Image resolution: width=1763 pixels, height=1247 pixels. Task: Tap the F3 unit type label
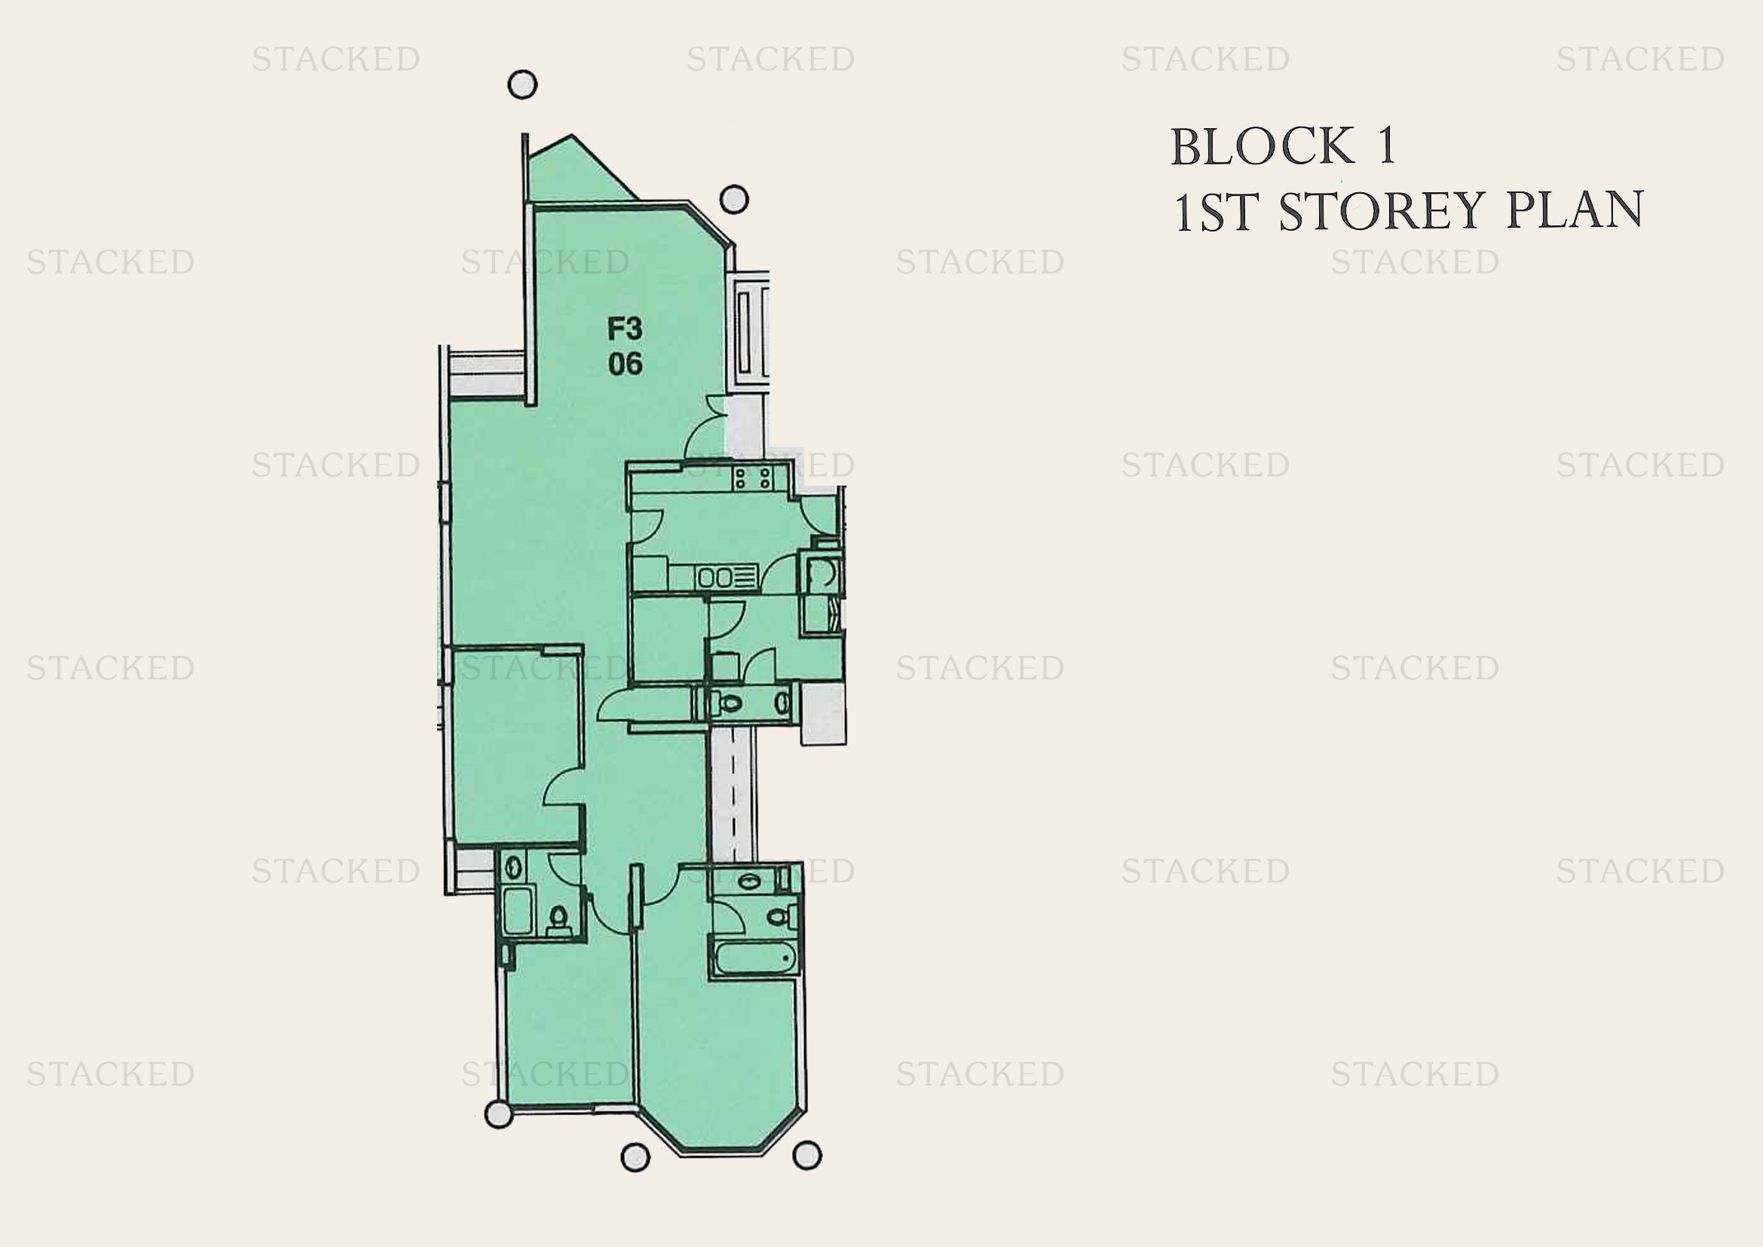(x=624, y=329)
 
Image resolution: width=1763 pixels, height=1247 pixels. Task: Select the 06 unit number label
(x=625, y=363)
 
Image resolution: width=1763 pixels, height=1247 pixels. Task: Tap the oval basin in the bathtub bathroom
(x=748, y=881)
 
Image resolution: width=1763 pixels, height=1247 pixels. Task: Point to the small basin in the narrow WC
(x=782, y=702)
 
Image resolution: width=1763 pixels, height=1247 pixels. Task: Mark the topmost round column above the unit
(x=523, y=84)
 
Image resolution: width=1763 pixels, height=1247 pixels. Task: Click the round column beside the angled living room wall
(x=734, y=199)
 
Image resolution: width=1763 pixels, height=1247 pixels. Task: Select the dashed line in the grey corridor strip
(x=733, y=794)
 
